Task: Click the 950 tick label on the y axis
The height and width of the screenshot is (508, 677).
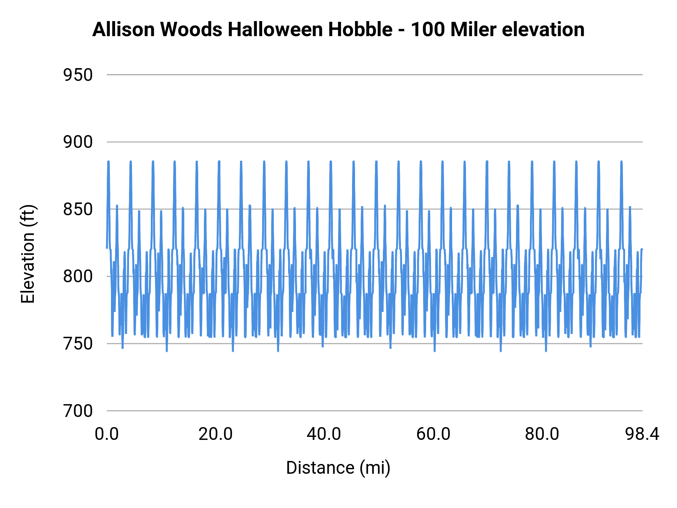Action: point(78,75)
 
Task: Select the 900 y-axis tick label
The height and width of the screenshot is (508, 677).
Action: point(78,142)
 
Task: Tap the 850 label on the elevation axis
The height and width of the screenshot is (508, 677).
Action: point(78,210)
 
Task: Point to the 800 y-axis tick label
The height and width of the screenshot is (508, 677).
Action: point(78,277)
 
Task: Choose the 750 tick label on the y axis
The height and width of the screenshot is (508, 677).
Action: point(78,344)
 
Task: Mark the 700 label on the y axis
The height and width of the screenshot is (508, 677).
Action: point(78,411)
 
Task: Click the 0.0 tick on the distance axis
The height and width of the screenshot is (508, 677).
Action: point(107,434)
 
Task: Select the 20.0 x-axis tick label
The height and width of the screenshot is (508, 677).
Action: point(216,434)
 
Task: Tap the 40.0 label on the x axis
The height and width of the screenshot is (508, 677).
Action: point(324,434)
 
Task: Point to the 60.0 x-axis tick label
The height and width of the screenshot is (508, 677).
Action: point(433,434)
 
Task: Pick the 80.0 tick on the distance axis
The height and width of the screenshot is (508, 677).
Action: point(542,434)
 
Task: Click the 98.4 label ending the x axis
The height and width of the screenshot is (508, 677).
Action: point(642,434)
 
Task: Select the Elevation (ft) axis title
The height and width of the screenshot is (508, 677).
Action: point(28,254)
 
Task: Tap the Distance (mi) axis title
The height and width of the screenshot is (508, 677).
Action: point(338,468)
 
